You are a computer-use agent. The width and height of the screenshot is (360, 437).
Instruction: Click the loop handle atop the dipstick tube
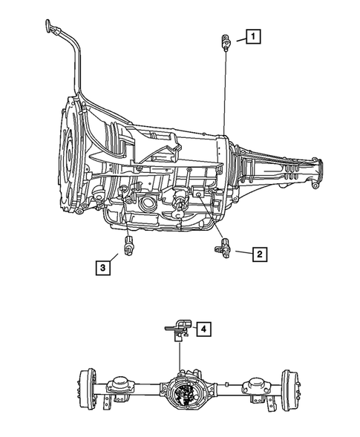pos(50,28)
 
